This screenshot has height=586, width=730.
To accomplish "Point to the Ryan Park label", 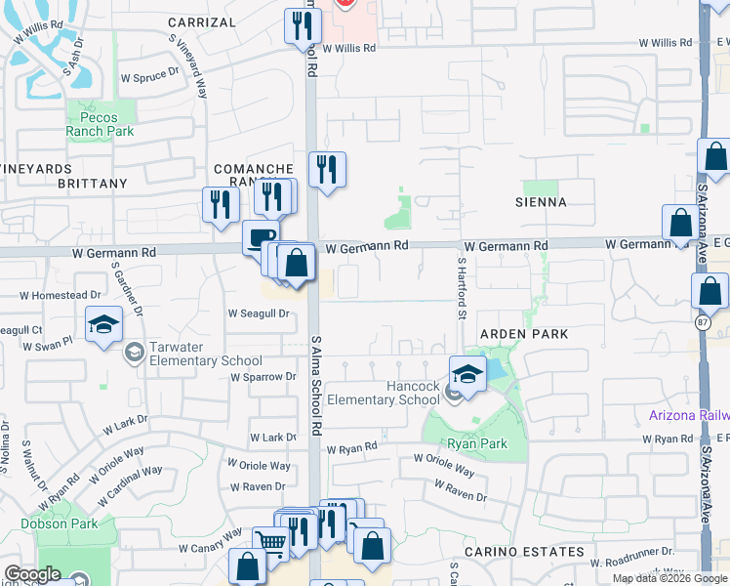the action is (477, 443).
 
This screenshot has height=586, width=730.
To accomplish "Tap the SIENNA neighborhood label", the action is (544, 202).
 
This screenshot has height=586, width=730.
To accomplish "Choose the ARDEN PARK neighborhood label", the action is (523, 334).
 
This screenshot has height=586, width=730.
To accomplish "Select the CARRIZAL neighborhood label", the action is (201, 21).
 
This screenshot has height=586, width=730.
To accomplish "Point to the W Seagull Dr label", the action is (259, 314).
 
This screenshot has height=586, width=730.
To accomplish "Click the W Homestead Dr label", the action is (60, 294).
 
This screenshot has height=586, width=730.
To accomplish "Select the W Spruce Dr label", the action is (149, 71).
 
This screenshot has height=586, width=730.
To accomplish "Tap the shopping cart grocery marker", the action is (270, 542).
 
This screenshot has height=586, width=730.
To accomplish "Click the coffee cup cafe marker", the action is (261, 237).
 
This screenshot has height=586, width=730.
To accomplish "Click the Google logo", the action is (32, 574).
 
